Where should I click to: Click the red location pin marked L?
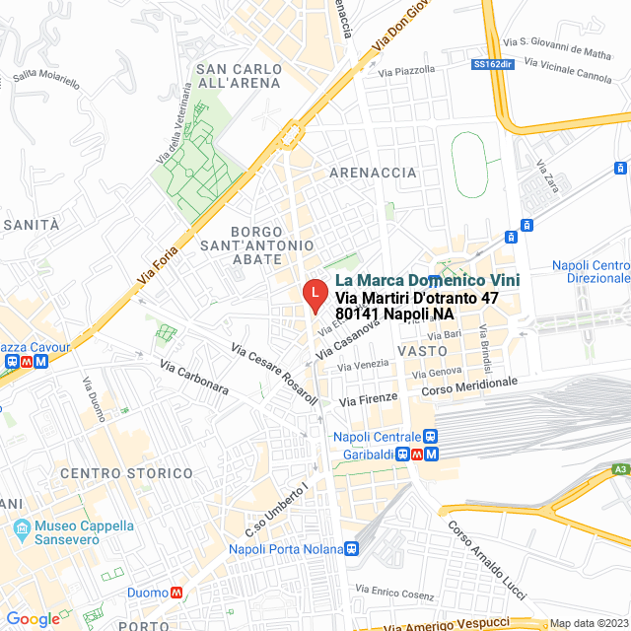[314, 294]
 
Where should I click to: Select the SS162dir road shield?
[493, 63]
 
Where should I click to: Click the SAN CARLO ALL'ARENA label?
[239, 76]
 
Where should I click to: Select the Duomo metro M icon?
[176, 593]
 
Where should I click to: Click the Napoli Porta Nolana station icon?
[352, 549]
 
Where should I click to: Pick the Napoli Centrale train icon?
[429, 437]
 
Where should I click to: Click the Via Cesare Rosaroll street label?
[274, 375]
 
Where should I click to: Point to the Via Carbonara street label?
[193, 377]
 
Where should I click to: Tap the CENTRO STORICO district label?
[126, 473]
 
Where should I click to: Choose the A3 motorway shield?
[619, 470]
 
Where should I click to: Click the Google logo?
[33, 619]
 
